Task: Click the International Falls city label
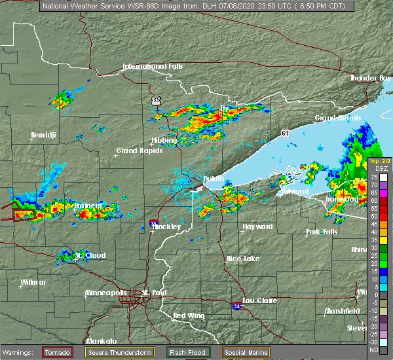pos(153,67)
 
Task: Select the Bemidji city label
pos(44,136)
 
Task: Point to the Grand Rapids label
pos(136,151)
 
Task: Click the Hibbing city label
pos(164,141)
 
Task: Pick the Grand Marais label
pos(335,118)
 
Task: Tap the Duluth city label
pos(214,179)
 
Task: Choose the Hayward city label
pos(257,226)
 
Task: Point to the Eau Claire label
pos(259,300)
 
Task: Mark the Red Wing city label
pos(188,316)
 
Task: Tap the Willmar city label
pos(33,282)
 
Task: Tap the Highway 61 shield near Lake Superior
pos(284,133)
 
